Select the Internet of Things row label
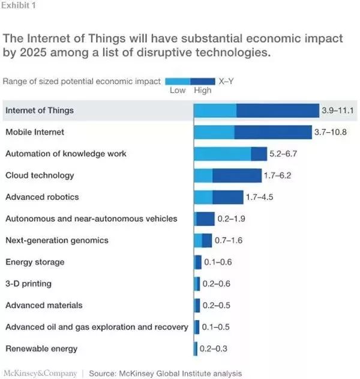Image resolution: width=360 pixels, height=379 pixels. pos(39,110)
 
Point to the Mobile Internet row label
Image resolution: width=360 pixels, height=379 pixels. pos(34,132)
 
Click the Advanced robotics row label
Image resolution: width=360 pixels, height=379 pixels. pos(42,197)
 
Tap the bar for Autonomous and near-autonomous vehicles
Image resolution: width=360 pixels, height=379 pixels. pos(205,219)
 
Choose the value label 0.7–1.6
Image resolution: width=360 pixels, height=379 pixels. pos(229,240)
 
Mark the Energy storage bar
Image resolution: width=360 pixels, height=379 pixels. pos(198,262)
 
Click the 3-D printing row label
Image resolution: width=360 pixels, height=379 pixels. pos(29,283)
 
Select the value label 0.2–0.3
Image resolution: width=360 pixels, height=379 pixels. pos(214,349)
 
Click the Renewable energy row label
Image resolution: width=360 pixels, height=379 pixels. pos(41,348)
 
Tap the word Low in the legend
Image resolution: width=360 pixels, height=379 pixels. pos(178,91)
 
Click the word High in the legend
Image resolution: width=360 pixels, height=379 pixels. pos(203,91)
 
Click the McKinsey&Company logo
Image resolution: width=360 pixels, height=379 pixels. pos(40,374)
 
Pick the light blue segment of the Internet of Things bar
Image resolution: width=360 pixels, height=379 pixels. pos(215,111)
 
